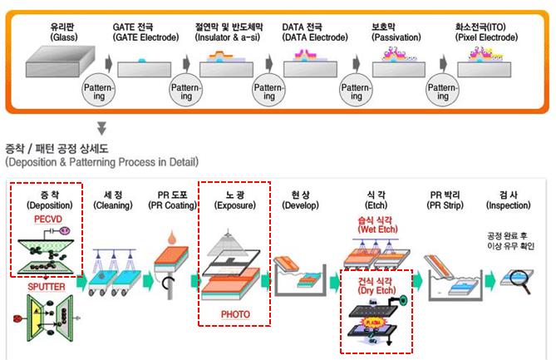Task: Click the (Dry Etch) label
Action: coord(376,293)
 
